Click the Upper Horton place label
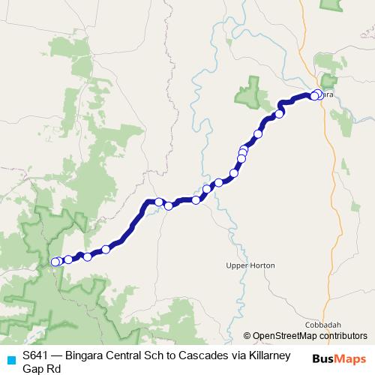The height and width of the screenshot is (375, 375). coord(250,265)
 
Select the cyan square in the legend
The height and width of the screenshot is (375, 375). coord(10,359)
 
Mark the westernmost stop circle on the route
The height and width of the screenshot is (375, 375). coord(54,262)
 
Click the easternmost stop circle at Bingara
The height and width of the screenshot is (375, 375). coord(319,94)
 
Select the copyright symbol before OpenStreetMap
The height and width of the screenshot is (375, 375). coord(247,335)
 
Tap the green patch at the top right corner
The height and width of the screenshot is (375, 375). coord(330,4)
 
